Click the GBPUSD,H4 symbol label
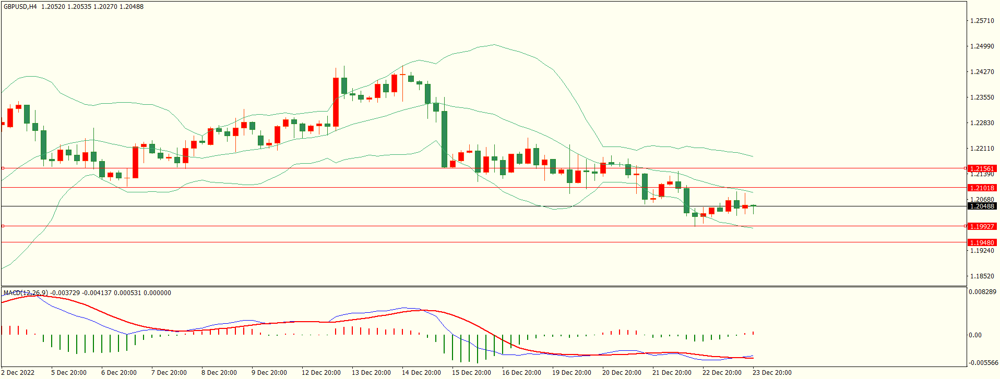[x=20, y=7]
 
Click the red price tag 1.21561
[x=982, y=169]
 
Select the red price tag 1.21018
[x=982, y=188]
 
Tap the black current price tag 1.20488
[x=982, y=206]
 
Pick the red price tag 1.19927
[x=982, y=226]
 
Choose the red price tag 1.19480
[x=982, y=243]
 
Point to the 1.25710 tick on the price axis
[x=982, y=21]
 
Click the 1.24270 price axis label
[x=982, y=72]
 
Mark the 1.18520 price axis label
[x=982, y=276]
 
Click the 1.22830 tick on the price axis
[x=982, y=123]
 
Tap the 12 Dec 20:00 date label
[x=321, y=373]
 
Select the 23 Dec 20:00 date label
[x=772, y=373]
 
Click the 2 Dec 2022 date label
[x=18, y=373]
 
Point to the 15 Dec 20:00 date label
[x=471, y=373]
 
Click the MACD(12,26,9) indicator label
[x=26, y=293]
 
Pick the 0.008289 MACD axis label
[x=982, y=292]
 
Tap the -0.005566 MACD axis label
[x=983, y=363]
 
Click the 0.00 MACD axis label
[x=975, y=335]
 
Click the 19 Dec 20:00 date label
[x=572, y=373]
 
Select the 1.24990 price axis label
[x=982, y=46]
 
